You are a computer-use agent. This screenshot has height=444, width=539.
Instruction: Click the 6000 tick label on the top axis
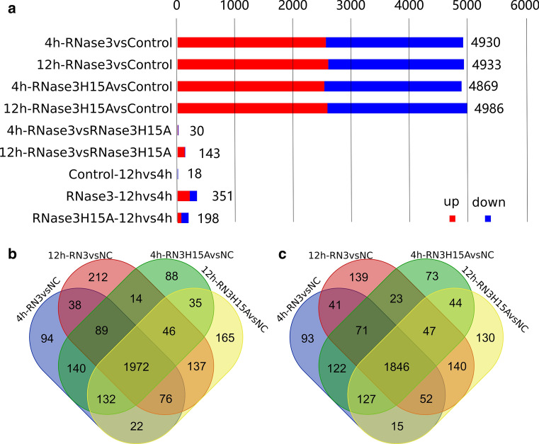pos(525,6)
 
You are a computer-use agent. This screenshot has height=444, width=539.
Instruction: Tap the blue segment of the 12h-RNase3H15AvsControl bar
pos(397,108)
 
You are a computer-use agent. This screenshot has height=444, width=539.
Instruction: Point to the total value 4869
pos(482,86)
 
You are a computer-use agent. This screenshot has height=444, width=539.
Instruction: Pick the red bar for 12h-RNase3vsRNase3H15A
pos(181,152)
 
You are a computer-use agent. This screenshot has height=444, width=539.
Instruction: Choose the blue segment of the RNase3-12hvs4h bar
pos(193,196)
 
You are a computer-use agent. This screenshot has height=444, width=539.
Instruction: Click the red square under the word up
pos(451,219)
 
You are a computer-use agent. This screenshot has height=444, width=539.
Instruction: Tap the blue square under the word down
pos(488,219)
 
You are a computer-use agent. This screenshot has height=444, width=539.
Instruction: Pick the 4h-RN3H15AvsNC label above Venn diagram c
pos(446,254)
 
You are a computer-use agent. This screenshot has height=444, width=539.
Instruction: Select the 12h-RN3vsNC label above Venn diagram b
pos(78,254)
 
